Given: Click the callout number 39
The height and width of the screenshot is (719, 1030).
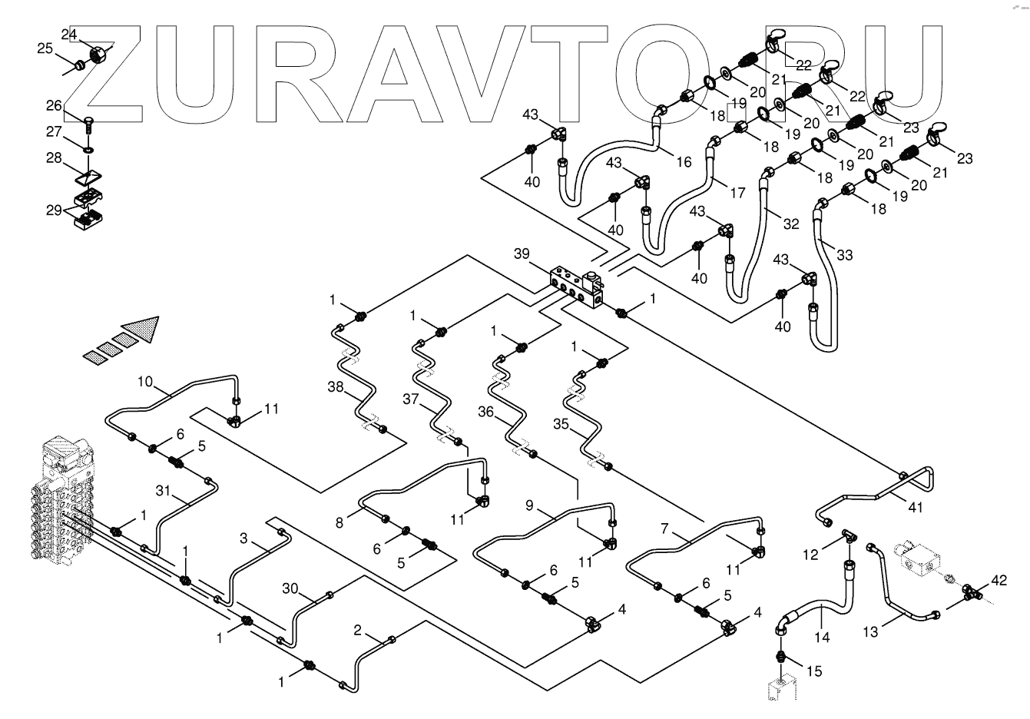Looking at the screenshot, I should [x=522, y=254].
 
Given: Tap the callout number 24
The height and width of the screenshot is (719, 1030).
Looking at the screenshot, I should [x=69, y=35].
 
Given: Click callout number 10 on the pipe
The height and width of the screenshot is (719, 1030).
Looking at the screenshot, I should [x=146, y=382].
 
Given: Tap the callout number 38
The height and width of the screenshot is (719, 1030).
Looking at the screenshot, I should [x=336, y=387].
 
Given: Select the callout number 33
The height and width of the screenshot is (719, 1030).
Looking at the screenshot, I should [x=844, y=256].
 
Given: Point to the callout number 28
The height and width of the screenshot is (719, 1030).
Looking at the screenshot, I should [x=53, y=157].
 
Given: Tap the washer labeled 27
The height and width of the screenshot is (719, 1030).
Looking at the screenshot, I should [x=88, y=147].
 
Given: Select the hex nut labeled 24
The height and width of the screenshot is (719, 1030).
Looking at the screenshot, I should [x=98, y=55].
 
